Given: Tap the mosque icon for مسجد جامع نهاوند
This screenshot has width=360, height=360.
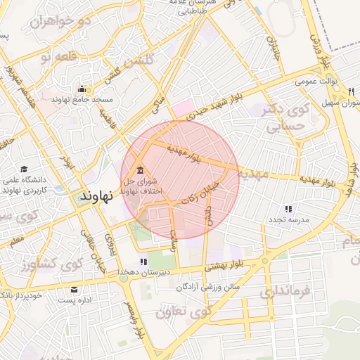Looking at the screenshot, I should pos(82,89).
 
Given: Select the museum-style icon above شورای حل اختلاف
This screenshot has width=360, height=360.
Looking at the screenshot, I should pos(140,169).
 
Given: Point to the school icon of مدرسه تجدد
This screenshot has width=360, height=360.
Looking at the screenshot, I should pos(288,209).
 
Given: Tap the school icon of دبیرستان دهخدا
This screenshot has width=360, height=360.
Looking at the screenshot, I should pos(143,262).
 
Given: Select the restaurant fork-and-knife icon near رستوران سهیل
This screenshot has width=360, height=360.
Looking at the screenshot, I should pos(350,92).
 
